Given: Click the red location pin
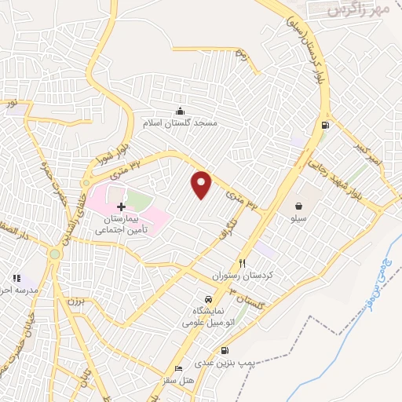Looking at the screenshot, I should [x=202, y=185].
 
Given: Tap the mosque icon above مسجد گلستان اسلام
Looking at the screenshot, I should [x=181, y=111].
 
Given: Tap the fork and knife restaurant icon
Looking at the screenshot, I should [x=243, y=264].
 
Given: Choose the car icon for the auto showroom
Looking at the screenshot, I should [x=206, y=300].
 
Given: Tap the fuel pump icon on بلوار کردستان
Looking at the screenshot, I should [x=325, y=125].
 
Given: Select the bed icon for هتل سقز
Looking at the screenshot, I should [x=180, y=369].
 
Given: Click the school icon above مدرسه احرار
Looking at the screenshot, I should [x=16, y=277].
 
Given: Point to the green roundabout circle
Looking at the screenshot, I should [x=54, y=254].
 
